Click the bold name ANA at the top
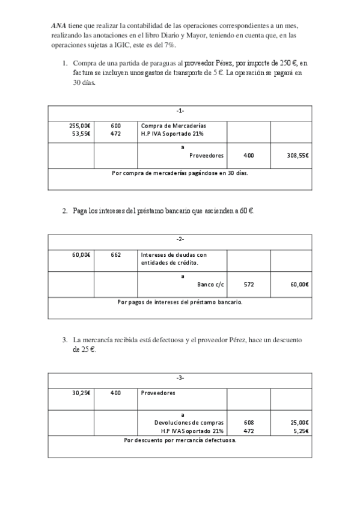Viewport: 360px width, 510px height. click(58, 26)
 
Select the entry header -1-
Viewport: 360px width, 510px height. click(180, 111)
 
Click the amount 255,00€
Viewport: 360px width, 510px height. click(80, 125)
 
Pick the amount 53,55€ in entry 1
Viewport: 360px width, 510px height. click(81, 134)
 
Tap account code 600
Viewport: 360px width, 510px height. click(116, 125)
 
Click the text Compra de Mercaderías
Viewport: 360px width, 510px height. click(169, 125)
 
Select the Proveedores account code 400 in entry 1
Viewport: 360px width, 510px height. click(248, 155)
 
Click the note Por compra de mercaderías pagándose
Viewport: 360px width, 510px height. click(180, 173)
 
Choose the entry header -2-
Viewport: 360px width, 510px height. click(180, 240)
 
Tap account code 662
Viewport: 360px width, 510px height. click(116, 254)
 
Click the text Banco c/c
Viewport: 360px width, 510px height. click(210, 284)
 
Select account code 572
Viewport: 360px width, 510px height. click(248, 284)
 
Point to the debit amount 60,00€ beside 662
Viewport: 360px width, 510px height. click(81, 254)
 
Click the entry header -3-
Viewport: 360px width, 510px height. click(180, 378)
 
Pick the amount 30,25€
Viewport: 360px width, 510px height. click(81, 393)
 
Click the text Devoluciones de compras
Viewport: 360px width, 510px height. click(189, 423)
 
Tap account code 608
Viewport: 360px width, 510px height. click(248, 423)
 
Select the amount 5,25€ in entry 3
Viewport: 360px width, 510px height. click(300, 431)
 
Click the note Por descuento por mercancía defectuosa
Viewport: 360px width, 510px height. click(180, 440)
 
